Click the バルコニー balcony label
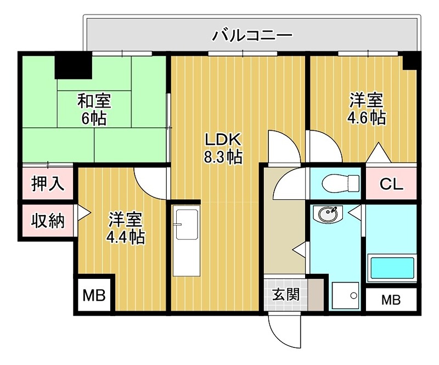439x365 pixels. pyautogui.click(x=253, y=37)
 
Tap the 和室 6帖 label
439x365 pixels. pyautogui.click(x=94, y=109)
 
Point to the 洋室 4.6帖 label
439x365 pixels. pyautogui.click(x=366, y=109)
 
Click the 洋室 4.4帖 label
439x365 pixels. pyautogui.click(x=126, y=227)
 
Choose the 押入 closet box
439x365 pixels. pyautogui.click(x=48, y=184)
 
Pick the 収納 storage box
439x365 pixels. pyautogui.click(x=47, y=221)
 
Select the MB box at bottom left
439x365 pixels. pyautogui.click(x=93, y=296)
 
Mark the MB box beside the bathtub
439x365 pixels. pyautogui.click(x=391, y=300)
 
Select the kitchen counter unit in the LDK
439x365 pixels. pyautogui.click(x=186, y=242)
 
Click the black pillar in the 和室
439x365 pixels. pyautogui.click(x=73, y=65)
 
